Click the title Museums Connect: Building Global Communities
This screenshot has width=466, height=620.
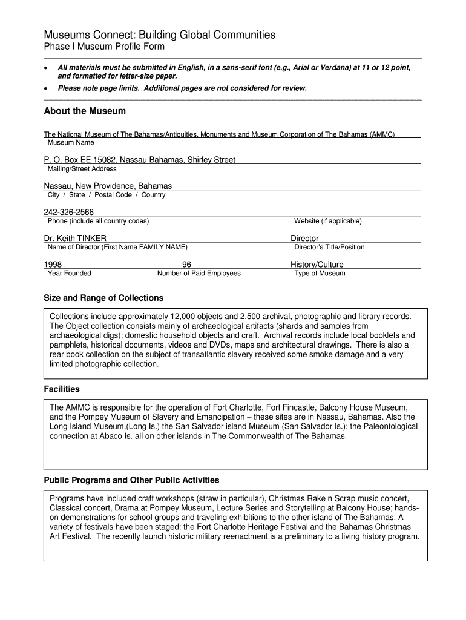coord(160,35)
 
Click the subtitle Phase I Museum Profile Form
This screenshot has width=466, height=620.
coord(104,47)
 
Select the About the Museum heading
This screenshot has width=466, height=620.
coord(85,111)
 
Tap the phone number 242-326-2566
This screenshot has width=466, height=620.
coord(69,212)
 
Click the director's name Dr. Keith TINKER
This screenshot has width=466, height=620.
coord(75,239)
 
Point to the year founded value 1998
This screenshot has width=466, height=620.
coord(53,265)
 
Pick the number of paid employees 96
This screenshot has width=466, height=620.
coord(186,265)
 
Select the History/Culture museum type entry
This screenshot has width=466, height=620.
coord(317,265)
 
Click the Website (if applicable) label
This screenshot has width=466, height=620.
coord(327,221)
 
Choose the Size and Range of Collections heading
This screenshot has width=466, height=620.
coord(103,298)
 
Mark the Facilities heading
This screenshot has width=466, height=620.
coord(62,389)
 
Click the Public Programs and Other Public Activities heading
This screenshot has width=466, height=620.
coord(131,480)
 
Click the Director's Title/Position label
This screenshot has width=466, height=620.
coord(329,247)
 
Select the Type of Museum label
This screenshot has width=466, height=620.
coord(320,273)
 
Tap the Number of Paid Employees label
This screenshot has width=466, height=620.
coord(199,273)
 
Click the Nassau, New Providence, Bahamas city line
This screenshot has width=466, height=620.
coord(108,186)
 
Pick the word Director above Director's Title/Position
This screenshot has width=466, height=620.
coord(304,239)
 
